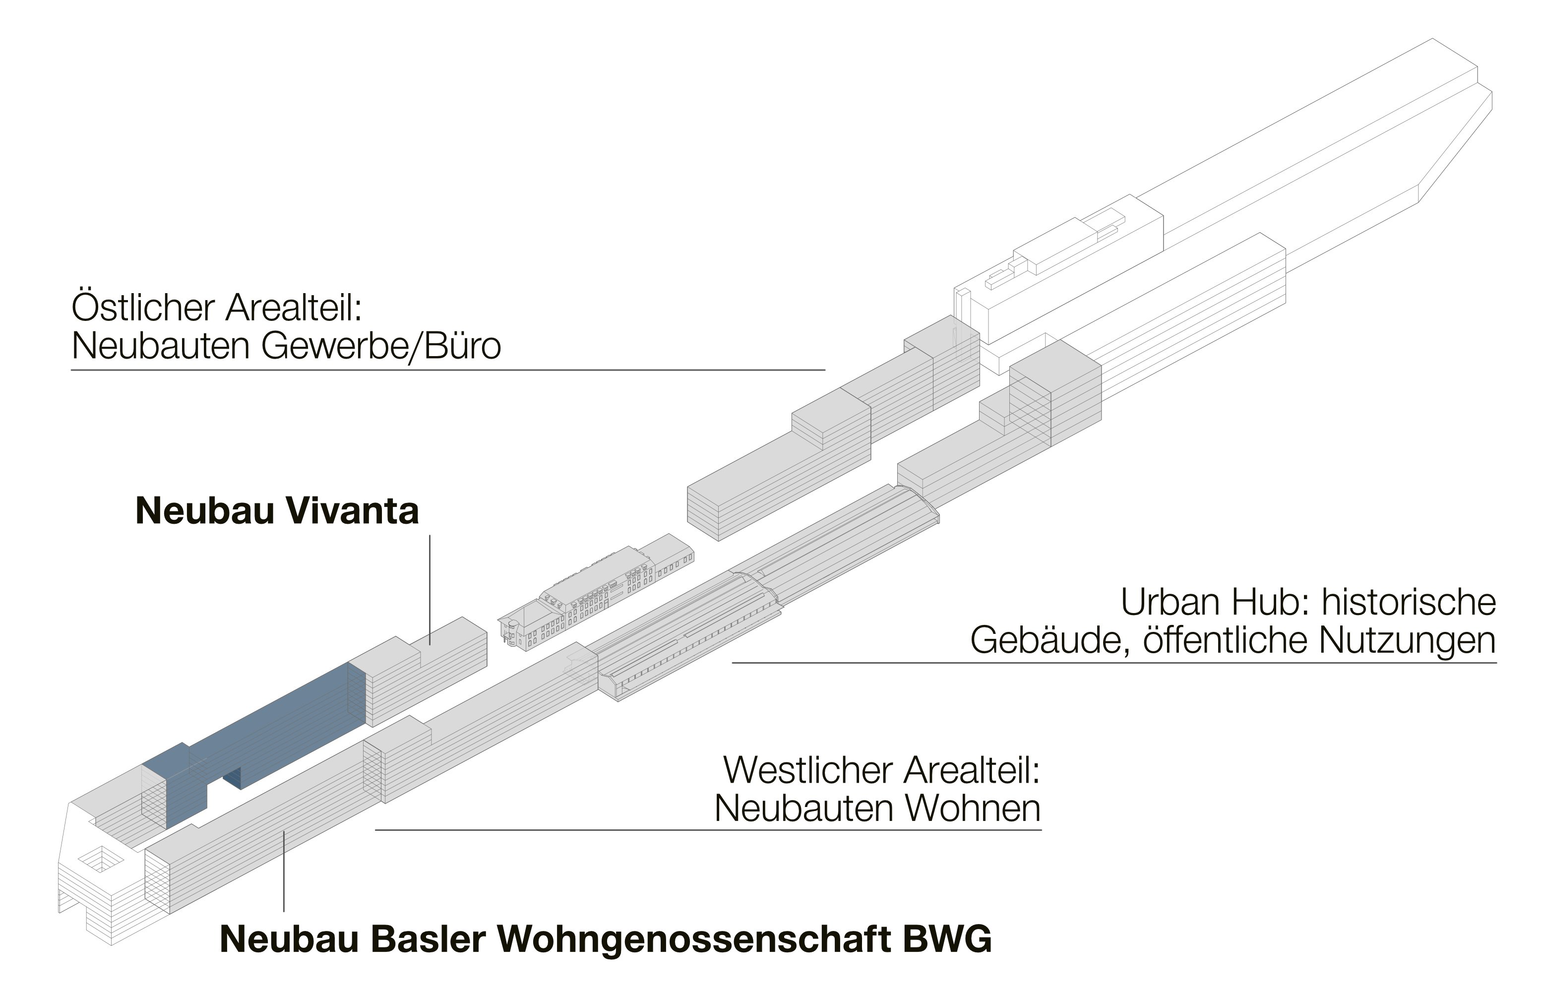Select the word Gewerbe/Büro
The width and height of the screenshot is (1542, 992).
click(x=381, y=347)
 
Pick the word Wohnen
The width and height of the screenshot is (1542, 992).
click(x=960, y=808)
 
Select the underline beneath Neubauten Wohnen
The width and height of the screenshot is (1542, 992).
click(x=709, y=830)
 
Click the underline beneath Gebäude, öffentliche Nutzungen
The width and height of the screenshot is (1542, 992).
click(x=1114, y=662)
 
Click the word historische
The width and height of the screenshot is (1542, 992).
click(x=1408, y=602)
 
